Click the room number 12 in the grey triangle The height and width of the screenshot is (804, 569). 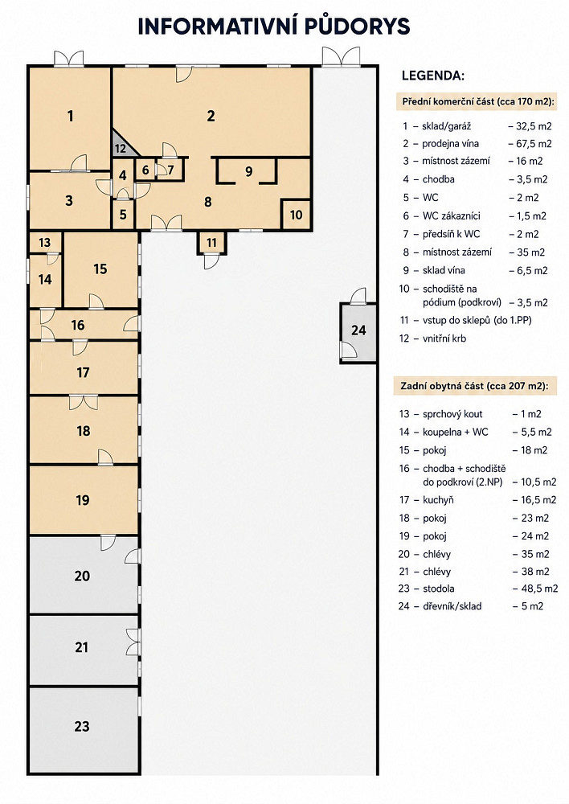[120, 149]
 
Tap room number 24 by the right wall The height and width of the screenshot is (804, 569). [358, 330]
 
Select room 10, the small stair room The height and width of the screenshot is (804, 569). [297, 215]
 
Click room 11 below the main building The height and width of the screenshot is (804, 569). [211, 242]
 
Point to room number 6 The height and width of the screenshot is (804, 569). [145, 170]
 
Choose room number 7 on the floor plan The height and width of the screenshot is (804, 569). [170, 170]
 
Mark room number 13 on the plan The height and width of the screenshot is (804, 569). [44, 242]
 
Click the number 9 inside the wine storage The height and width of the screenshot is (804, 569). [248, 170]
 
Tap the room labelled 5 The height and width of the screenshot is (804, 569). [123, 214]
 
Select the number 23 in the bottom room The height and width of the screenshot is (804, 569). [82, 726]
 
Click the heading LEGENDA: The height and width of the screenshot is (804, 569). [433, 76]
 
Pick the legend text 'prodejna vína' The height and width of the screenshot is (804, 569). [450, 144]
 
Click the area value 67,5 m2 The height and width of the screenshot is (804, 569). [530, 144]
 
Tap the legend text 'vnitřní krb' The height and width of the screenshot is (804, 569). [444, 338]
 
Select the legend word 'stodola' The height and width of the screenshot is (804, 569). [438, 589]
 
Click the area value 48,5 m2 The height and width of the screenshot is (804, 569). [536, 589]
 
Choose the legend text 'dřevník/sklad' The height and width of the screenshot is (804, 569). [452, 606]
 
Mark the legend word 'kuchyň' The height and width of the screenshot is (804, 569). [438, 500]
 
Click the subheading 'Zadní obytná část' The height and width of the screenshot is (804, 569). [441, 386]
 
